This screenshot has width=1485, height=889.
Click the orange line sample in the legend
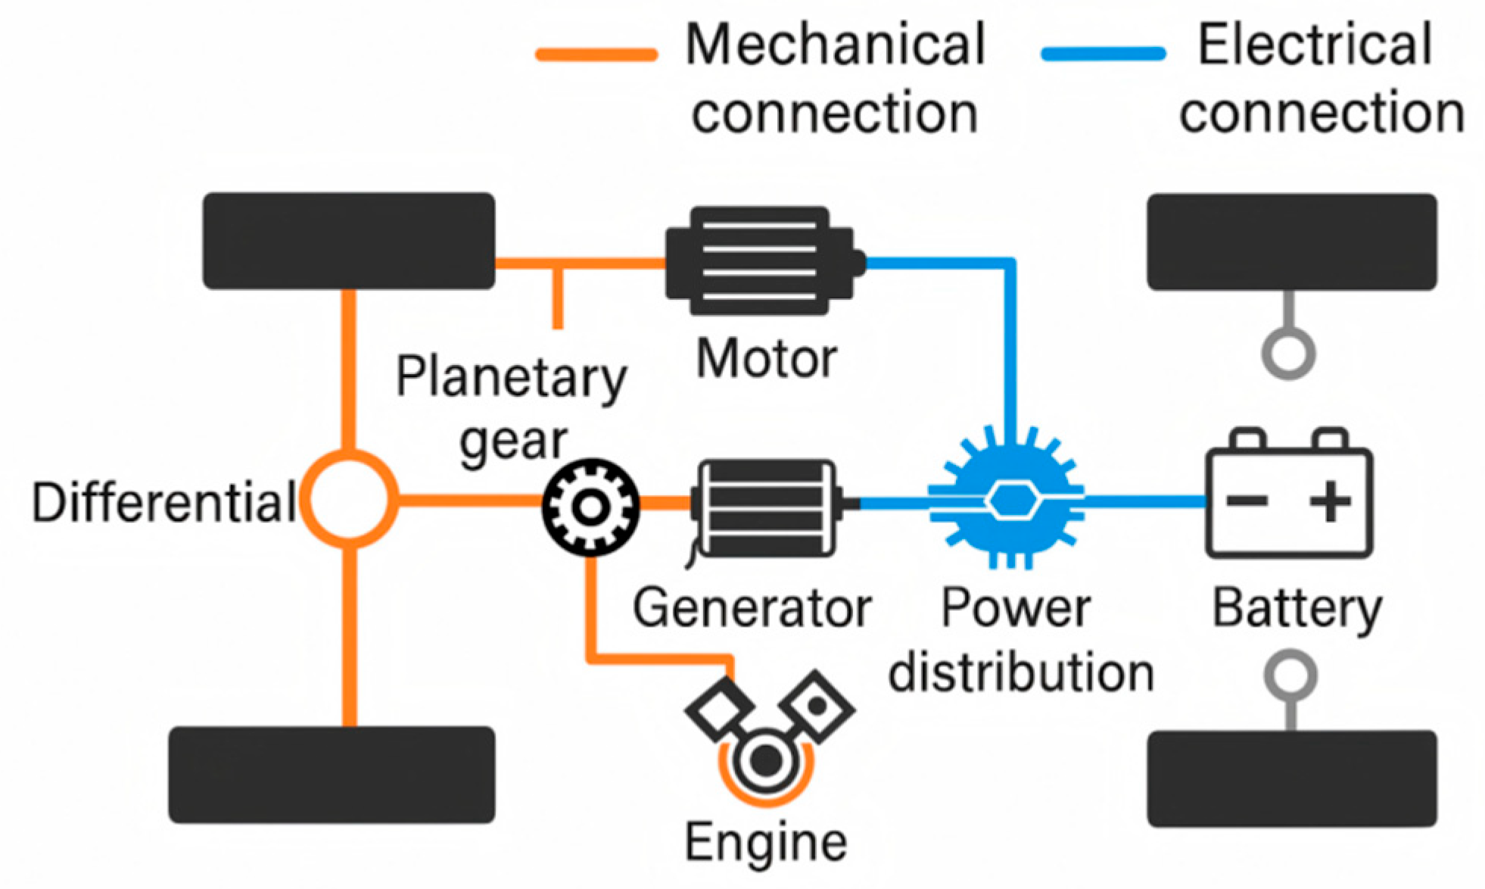click(x=596, y=55)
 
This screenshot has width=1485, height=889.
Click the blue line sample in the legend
click(x=1104, y=54)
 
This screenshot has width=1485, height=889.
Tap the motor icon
click(x=765, y=261)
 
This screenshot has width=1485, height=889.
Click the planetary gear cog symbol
click(x=590, y=507)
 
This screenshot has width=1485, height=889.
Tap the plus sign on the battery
click(x=1331, y=501)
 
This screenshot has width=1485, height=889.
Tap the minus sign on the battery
click(x=1247, y=501)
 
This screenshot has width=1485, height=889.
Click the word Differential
click(x=163, y=502)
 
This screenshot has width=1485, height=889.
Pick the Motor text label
click(x=766, y=358)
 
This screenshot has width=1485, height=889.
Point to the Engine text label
click(x=766, y=843)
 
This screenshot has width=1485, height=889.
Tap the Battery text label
click(x=1297, y=610)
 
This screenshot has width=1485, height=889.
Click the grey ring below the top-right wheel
click(x=1288, y=353)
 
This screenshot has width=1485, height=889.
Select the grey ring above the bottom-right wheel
click(x=1290, y=676)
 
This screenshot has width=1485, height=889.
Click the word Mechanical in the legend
click(x=836, y=45)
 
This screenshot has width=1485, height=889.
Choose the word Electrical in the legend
click(x=1315, y=44)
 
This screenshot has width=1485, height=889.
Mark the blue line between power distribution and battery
click(x=1145, y=501)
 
